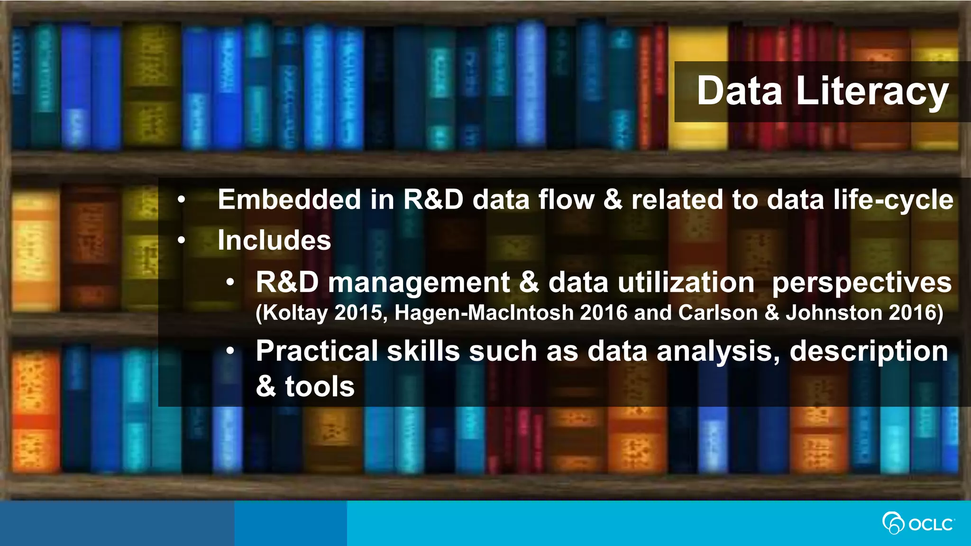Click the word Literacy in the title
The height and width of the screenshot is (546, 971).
pyautogui.click(x=872, y=91)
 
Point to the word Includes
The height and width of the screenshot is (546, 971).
pyautogui.click(x=274, y=240)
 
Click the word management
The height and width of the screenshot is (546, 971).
pyautogui.click(x=419, y=283)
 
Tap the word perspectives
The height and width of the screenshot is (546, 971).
pyautogui.click(x=861, y=283)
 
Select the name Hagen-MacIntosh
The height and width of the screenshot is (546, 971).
pyautogui.click(x=484, y=313)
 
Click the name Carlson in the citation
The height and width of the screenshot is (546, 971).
pyautogui.click(x=718, y=313)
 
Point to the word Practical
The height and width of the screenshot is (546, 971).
pyautogui.click(x=317, y=351)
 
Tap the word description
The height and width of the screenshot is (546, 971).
pyautogui.click(x=869, y=352)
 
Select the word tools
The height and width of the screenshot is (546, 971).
pyautogui.click(x=320, y=387)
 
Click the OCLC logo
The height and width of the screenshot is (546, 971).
pyautogui.click(x=918, y=523)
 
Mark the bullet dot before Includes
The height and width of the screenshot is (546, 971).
pyautogui.click(x=181, y=241)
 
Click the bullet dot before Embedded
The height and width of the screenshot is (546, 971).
pyautogui.click(x=181, y=200)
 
